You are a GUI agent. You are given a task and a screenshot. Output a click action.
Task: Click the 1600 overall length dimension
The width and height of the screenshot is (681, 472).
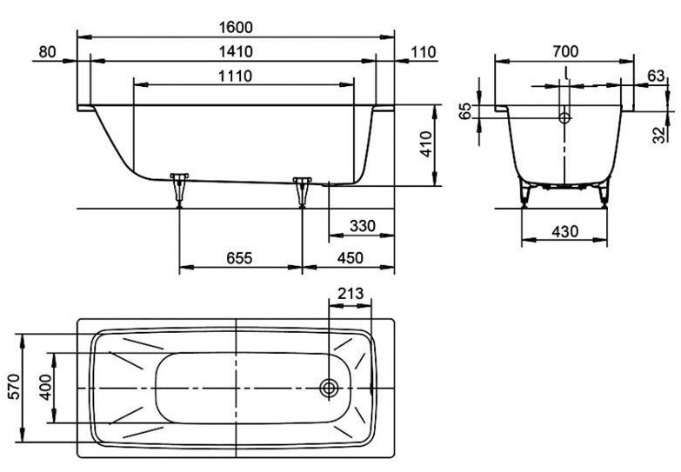point(236,27)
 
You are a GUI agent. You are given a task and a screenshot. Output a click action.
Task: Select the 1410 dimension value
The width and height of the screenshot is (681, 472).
point(236,51)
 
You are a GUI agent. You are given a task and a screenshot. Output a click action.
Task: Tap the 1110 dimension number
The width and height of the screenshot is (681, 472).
point(235,76)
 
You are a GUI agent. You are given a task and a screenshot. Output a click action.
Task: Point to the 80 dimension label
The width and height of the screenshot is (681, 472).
point(47,51)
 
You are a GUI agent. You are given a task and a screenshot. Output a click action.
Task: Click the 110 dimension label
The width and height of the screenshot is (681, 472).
point(423,52)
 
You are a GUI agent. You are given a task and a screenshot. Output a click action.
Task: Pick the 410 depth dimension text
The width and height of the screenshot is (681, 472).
point(426,144)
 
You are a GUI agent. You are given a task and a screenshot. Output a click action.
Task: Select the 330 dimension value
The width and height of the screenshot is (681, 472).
point(363,226)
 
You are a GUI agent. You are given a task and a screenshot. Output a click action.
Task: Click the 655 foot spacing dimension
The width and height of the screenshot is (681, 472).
point(239,258)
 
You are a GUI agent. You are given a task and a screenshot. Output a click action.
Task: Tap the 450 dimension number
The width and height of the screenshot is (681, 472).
point(350,258)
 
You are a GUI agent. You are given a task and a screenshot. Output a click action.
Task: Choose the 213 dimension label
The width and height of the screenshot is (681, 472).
point(350,294)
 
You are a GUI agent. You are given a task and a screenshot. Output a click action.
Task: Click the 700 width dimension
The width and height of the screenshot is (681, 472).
point(565,51)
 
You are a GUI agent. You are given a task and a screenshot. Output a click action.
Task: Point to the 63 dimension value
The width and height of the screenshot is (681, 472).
point(656,76)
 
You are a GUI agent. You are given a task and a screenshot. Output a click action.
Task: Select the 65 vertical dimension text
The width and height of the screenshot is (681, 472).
point(465,111)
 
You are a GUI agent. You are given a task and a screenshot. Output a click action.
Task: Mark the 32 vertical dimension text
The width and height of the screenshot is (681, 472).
point(660,135)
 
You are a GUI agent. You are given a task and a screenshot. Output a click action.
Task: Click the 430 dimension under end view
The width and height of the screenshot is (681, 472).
point(565,231)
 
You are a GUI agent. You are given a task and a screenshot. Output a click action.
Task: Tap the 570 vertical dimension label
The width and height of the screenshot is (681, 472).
point(14,387)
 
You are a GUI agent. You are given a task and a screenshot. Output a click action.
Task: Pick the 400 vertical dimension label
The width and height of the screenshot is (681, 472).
point(44,387)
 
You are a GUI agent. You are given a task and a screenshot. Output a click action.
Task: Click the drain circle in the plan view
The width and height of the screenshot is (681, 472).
point(330,388)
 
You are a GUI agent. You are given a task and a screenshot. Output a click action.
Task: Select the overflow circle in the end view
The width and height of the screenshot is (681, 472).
point(564,117)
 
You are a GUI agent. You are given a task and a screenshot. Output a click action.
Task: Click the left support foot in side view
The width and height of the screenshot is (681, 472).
point(179,189)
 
